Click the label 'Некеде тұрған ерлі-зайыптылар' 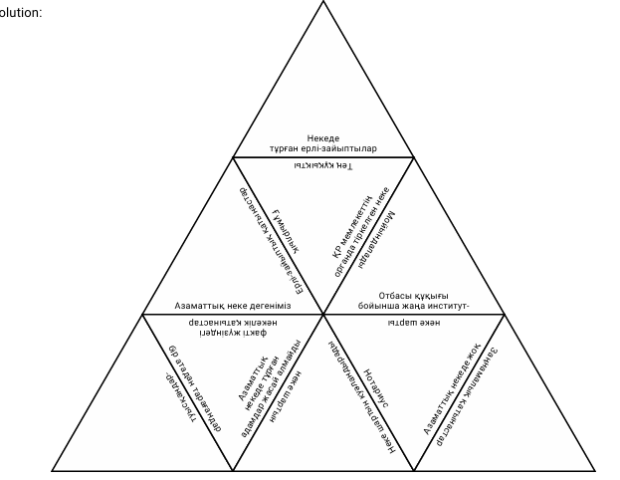(x=323, y=140)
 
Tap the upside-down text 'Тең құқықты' (x=323, y=165)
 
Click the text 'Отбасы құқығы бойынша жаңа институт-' (x=412, y=300)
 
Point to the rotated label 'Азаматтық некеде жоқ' (x=453, y=392)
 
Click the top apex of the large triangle (x=323, y=2)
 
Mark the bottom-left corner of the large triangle (x=53, y=470)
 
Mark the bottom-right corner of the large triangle (x=594, y=470)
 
